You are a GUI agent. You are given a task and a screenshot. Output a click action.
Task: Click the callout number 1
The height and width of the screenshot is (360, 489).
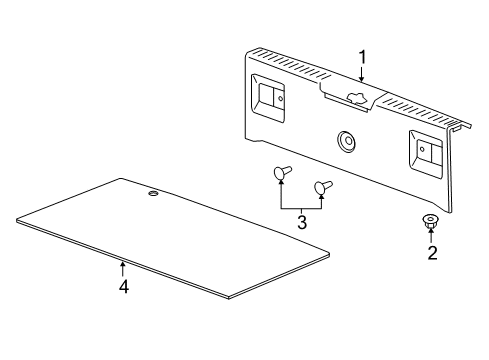pos(362,57)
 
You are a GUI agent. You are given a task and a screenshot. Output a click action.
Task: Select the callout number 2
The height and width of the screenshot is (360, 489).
pos(432,253)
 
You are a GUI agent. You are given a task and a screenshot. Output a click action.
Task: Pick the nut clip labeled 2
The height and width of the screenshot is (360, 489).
pos(432,223)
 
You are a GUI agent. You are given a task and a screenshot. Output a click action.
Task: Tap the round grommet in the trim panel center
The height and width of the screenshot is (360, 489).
pos(347,141)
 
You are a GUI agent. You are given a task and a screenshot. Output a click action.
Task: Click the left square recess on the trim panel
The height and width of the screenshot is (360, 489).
pos(269,96)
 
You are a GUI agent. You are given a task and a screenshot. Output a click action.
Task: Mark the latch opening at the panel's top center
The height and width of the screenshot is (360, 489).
pos(352,97)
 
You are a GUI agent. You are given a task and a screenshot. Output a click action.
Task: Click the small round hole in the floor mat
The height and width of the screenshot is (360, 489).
pos(153,193)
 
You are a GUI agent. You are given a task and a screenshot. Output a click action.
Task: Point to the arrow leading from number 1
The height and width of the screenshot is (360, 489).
pos(362,72)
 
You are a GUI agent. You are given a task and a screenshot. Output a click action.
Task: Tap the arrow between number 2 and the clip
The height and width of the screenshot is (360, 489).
pos(432,238)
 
